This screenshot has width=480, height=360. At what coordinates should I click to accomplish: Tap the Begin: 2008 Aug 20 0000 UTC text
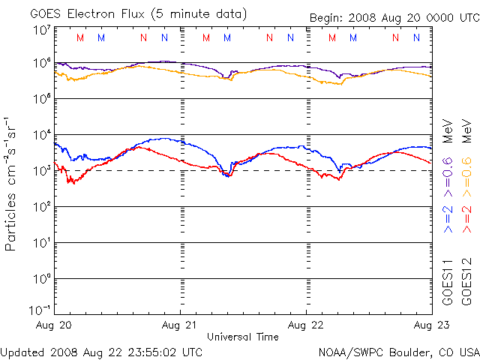click(x=394, y=18)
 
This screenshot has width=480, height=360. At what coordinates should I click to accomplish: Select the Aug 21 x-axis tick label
click(x=181, y=325)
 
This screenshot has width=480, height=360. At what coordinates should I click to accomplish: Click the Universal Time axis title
click(x=243, y=337)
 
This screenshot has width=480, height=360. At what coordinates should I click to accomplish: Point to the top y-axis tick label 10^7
click(x=42, y=31)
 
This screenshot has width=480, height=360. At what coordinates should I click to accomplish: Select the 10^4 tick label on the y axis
click(x=42, y=135)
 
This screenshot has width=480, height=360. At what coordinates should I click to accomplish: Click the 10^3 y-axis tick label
click(x=42, y=171)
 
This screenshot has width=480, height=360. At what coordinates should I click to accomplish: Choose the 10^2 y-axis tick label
click(x=42, y=207)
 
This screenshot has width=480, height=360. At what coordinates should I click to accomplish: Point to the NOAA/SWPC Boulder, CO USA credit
click(x=398, y=351)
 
